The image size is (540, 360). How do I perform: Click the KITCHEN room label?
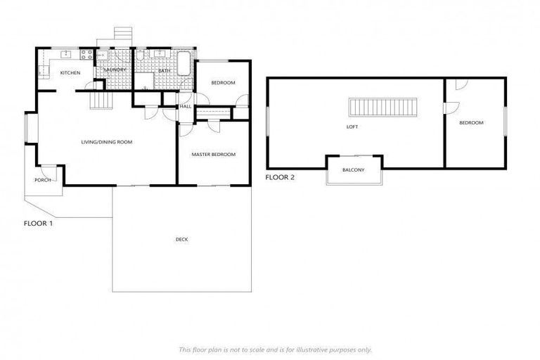pos(70,73)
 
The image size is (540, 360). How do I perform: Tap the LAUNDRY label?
pos(115,70)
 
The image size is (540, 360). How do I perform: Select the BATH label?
pos(164,71)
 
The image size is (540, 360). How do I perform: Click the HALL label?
pos(186,106)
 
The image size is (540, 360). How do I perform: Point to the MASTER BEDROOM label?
pos(214,155)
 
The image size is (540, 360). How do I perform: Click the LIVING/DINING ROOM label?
pos(107,143)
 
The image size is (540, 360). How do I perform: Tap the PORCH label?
pos(42,180)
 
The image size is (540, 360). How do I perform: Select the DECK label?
pos(182,240)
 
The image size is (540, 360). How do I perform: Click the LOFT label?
pos(352,127)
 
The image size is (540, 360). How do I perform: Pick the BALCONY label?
pos(353,170)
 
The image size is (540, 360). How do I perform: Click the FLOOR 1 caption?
pos(39,224)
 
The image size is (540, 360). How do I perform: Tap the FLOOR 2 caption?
pos(280,177)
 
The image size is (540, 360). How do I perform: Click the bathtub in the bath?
pos(184,63)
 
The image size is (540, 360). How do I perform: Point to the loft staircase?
pos(383,108)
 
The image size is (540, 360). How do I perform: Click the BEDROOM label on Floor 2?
pos(471,123)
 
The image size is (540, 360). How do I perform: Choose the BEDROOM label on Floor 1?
pos(223,83)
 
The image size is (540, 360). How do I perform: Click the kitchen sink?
pos(68,54)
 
